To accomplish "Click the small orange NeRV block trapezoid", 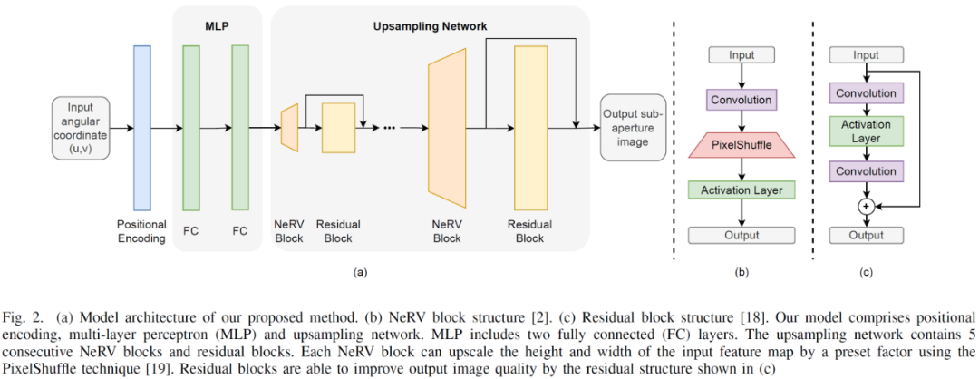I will pos(290,127).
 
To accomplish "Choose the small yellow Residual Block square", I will pos(338,127).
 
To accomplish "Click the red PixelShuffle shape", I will pos(742,144).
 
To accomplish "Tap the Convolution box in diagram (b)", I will pos(742,100).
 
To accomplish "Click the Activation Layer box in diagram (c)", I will pos(867,131).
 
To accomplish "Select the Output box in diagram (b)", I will pos(742,235).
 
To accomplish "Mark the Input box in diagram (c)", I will pos(867,56).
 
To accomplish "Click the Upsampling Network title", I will pos(431,27).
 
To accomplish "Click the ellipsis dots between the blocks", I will pos(390,128).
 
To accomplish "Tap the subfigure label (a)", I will pos(359,271).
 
